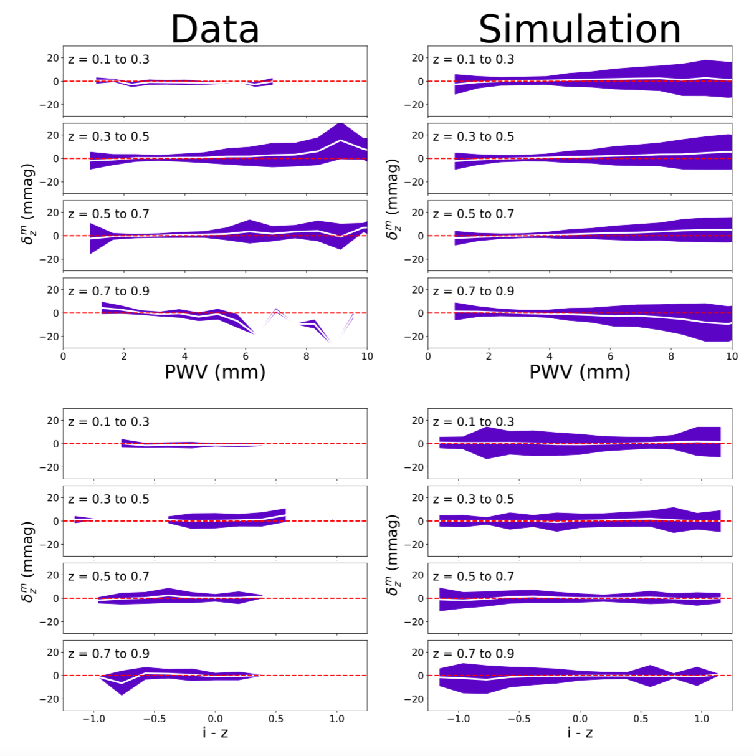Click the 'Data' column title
pyautogui.click(x=215, y=29)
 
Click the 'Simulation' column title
pyautogui.click(x=580, y=29)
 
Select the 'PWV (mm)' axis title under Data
pyautogui.click(x=215, y=372)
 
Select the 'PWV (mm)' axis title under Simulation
pyautogui.click(x=580, y=372)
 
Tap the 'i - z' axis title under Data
pyautogui.click(x=215, y=733)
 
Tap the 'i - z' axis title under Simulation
pyautogui.click(x=580, y=733)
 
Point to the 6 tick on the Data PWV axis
pyautogui.click(x=246, y=356)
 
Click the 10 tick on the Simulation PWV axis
pyautogui.click(x=732, y=356)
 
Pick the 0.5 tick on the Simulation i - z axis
pyautogui.click(x=641, y=719)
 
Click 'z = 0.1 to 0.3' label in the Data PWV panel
pyautogui.click(x=108, y=60)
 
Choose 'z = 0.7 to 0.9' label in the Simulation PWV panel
pyautogui.click(x=474, y=291)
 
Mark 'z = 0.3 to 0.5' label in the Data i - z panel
pyautogui.click(x=108, y=499)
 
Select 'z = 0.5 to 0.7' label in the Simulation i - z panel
pyautogui.click(x=474, y=577)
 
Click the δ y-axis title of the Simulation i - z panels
pyautogui.click(x=393, y=555)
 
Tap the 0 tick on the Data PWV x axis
pyautogui.click(x=63, y=356)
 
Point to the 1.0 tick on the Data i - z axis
pyautogui.click(x=336, y=719)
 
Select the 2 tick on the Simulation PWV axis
pyautogui.click(x=489, y=356)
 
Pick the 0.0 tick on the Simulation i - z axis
pyautogui.click(x=580, y=719)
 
